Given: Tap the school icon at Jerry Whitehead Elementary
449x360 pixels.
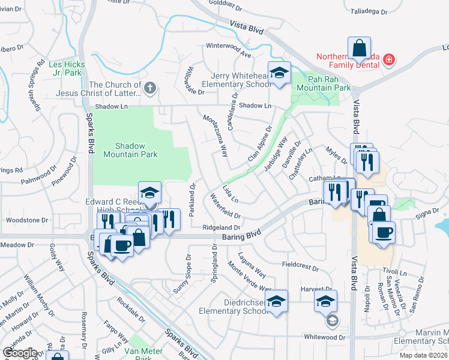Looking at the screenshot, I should pos(279,73).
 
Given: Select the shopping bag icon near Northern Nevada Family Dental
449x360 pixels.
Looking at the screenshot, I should pos(358,47).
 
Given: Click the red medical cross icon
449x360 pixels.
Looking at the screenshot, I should pos(389,59).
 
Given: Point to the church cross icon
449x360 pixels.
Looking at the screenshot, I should pos(150,89).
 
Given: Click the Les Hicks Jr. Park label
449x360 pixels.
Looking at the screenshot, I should pos(65,68).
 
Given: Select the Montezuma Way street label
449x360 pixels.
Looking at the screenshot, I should pos(216,136).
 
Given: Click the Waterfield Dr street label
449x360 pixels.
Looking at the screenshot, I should pos(226,206).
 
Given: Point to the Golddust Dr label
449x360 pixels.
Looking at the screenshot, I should pos(225,10).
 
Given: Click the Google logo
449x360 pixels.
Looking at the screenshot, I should pos(20,353).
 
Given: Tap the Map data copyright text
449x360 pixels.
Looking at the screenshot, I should pos(426,355).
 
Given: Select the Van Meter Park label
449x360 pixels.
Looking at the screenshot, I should pos(135,354).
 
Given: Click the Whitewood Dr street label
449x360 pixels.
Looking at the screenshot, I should pos(325,337).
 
